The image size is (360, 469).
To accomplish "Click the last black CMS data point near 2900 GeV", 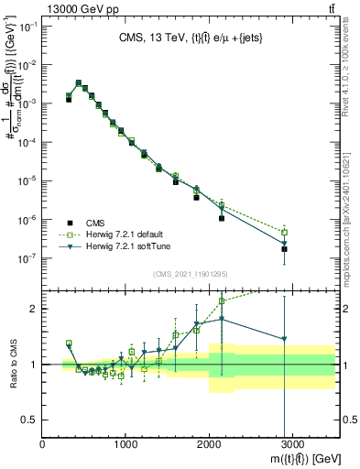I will click(x=284, y=248).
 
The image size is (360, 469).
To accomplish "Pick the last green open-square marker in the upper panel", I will click(x=284, y=232).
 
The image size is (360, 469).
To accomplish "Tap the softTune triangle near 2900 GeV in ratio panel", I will click(x=284, y=340).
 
